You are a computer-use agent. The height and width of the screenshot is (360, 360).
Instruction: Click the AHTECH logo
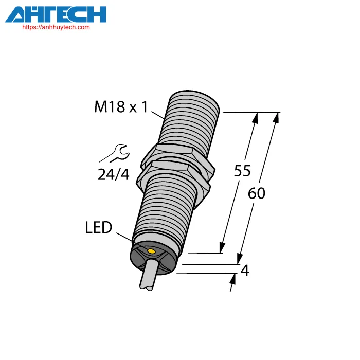click(56, 14)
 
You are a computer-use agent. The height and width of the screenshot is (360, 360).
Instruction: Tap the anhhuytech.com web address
click(56, 27)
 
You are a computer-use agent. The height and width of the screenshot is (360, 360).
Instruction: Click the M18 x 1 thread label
click(121, 107)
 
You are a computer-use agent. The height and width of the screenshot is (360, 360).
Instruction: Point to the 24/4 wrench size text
click(114, 174)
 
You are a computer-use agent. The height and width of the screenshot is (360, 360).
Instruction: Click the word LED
click(99, 227)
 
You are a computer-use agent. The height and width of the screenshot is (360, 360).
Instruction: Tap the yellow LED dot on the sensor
click(152, 251)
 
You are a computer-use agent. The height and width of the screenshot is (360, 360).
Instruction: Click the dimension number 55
click(242, 171)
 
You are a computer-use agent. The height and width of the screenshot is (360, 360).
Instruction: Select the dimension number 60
click(257, 193)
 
